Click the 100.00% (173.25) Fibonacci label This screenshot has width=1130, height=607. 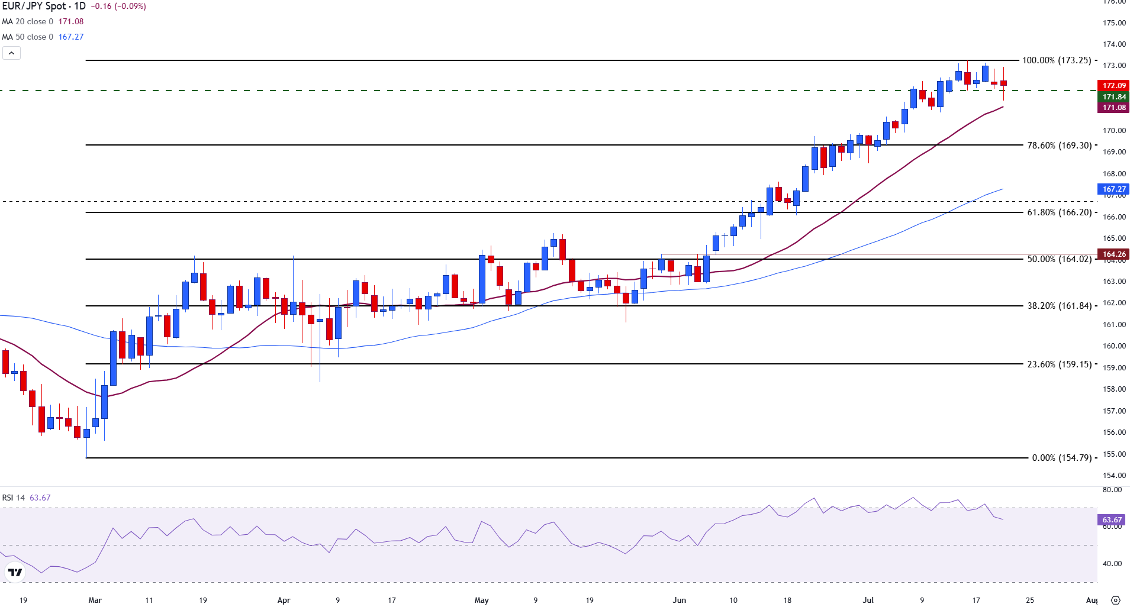coord(1056,60)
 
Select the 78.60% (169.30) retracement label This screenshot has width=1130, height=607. coord(1059,146)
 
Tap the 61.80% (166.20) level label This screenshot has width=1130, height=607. coord(1059,212)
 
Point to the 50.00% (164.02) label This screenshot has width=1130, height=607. coord(1059,259)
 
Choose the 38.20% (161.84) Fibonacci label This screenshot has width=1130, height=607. coord(1059,306)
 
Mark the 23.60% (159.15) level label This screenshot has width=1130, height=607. coord(1059,364)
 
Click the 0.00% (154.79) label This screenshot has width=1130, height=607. coord(1061,458)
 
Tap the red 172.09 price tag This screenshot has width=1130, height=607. coord(1113,86)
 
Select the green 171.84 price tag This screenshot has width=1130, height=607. coord(1113,97)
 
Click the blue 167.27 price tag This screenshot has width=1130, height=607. coord(1113,189)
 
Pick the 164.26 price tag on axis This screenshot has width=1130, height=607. coord(1113,254)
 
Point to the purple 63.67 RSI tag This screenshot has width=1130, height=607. coord(1112,520)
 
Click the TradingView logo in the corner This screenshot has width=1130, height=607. coord(15,572)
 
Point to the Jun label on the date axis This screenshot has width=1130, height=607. coord(679,600)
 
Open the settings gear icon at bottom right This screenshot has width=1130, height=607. coord(1115,600)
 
